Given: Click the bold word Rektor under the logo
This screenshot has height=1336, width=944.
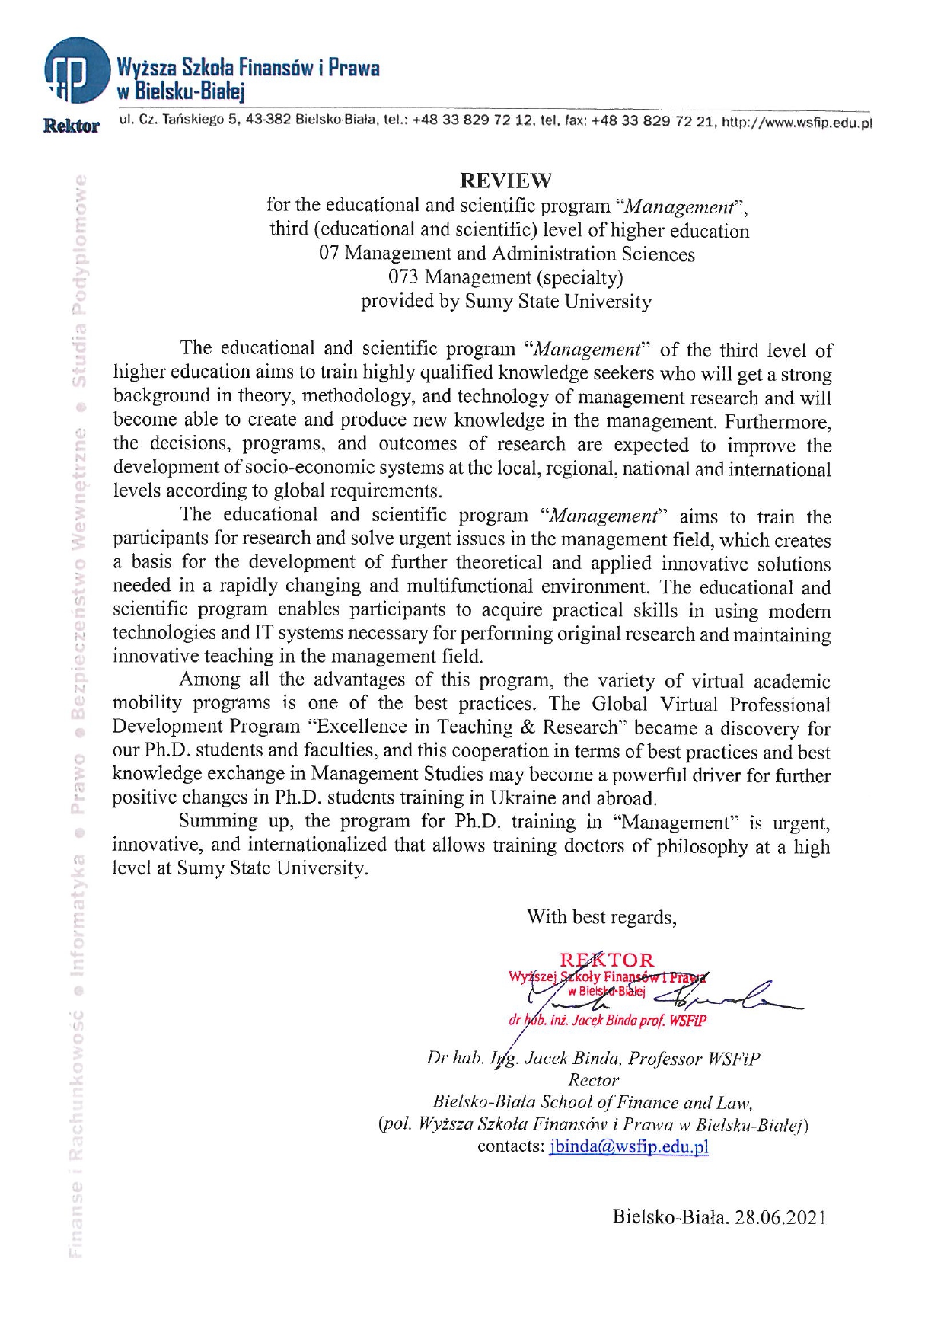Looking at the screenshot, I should click(x=72, y=126).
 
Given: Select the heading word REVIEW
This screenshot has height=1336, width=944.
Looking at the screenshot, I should click(x=505, y=181).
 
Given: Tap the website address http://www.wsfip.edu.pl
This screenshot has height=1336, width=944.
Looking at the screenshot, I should click(x=796, y=122).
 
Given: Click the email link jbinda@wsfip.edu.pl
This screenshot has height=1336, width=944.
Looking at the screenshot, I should click(x=628, y=1147).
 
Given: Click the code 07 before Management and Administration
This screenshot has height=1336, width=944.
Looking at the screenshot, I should click(x=329, y=253).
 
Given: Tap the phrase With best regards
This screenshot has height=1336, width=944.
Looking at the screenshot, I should click(x=601, y=916).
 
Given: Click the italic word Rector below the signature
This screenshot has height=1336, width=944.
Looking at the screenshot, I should click(x=593, y=1080).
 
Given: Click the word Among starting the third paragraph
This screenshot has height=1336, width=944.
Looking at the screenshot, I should click(x=210, y=679).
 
